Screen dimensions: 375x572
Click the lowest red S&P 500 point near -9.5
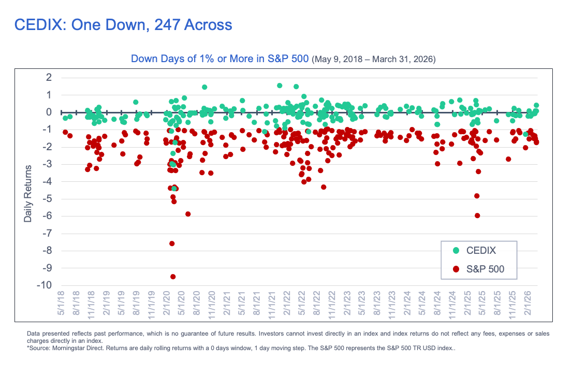[x=173, y=277]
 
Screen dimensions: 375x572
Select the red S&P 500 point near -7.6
[x=172, y=243]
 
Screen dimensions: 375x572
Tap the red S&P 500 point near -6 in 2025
[x=477, y=215]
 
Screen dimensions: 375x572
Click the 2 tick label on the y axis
[x=49, y=78]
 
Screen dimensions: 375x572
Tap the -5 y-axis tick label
[x=47, y=199]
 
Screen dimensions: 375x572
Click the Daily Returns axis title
[x=28, y=194]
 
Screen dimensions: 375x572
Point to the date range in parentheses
[x=373, y=60]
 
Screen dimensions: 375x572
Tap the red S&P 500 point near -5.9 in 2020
[x=188, y=214]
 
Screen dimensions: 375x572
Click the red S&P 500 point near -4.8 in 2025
[x=477, y=196]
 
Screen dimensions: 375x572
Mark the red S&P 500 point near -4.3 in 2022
[x=324, y=187]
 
